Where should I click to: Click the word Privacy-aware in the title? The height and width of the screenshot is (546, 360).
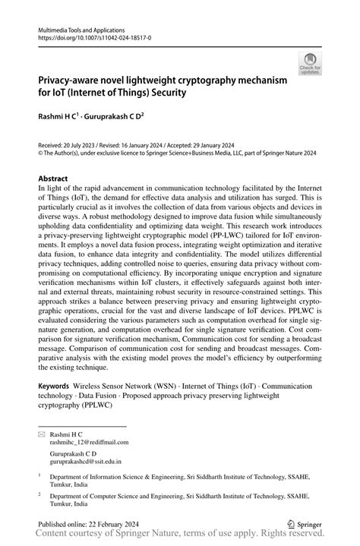point(73,80)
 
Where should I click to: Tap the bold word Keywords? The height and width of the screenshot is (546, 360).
point(58,386)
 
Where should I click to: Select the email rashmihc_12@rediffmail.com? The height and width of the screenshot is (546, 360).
point(89,441)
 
